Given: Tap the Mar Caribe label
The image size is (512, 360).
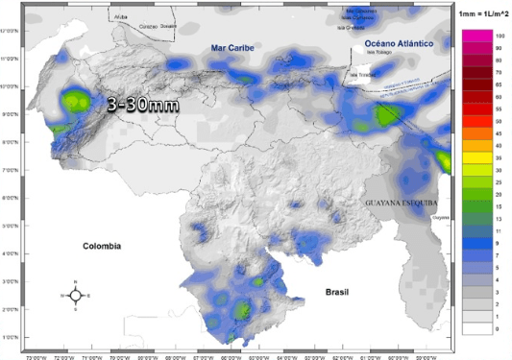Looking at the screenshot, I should point(233,47).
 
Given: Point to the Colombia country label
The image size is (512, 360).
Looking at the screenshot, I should point(101,246).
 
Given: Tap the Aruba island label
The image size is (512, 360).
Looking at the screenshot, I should point(120,17).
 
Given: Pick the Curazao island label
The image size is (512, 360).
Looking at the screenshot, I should point(143,26).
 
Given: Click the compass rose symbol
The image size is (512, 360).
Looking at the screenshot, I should point(76,293).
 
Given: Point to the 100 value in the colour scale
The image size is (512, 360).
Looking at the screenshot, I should point(500,36).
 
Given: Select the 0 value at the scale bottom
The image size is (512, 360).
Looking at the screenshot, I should point(500,328).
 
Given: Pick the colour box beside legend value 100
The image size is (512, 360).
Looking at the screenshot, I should point(477,36).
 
